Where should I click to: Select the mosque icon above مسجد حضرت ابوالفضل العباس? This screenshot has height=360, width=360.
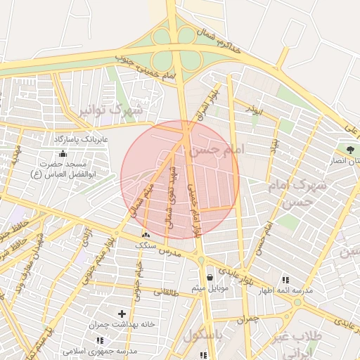pos(64,154)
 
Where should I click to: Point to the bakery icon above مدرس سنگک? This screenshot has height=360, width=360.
pos(146,236)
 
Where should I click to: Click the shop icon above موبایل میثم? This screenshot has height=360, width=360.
pos(211,278)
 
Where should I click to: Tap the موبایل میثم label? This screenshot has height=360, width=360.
pos(209,289)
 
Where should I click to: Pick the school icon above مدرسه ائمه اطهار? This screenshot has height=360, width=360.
pos(285,279)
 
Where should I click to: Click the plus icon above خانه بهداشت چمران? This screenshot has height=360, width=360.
pos(122,314)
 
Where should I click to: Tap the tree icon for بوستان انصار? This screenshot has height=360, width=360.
pos(349,150)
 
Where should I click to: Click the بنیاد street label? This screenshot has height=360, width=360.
pos(274,146)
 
